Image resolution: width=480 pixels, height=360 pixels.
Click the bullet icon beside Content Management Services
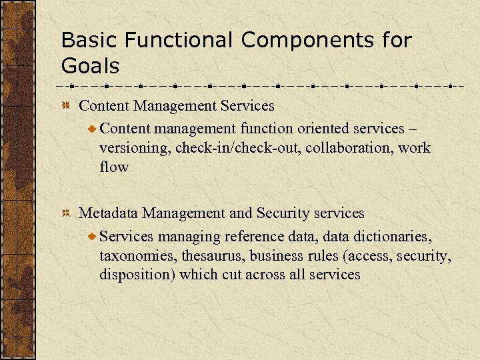coord(66,106)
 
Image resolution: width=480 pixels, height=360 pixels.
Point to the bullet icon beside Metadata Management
coord(66,213)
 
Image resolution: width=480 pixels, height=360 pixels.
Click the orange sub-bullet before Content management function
coord(93,128)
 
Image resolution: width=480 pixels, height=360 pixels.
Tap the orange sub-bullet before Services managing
coord(93,236)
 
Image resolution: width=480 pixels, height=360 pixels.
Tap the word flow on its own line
coord(113,167)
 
